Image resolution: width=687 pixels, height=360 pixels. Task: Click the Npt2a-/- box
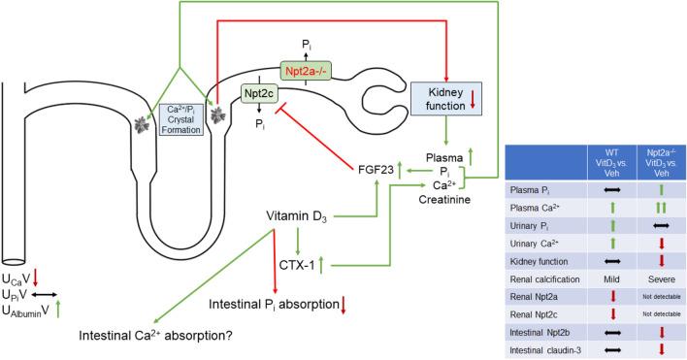309,72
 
